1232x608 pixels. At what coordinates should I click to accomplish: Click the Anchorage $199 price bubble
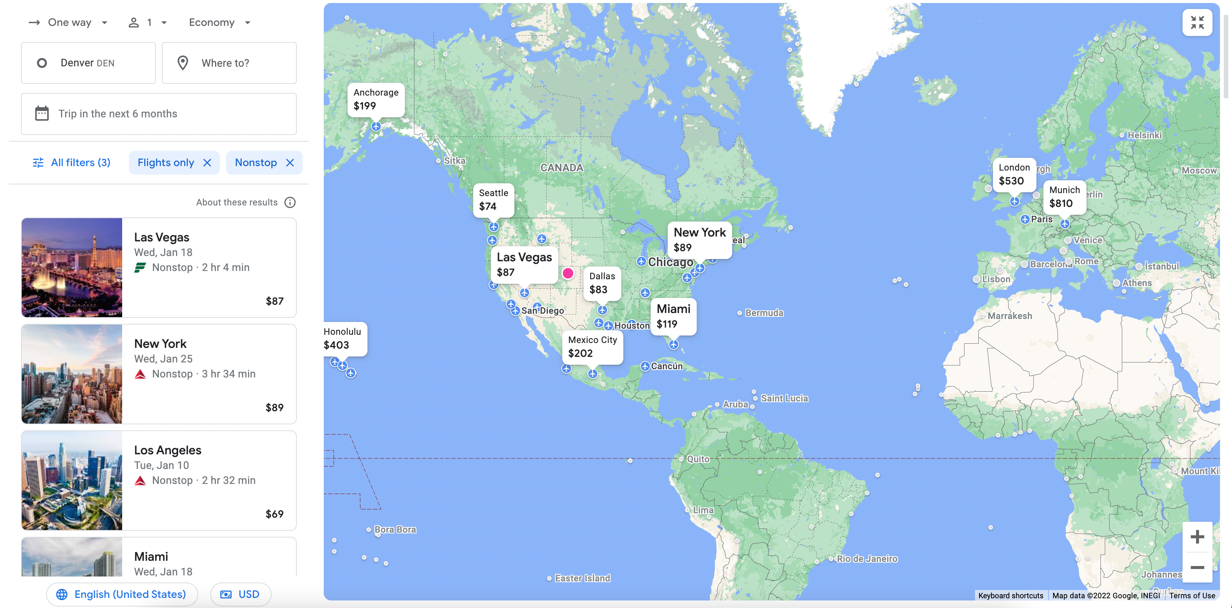[376, 99]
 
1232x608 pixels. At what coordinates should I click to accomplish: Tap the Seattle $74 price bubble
[493, 200]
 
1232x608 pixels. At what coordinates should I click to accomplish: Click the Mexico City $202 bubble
[592, 347]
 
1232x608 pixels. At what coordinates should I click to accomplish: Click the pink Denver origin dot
[568, 273]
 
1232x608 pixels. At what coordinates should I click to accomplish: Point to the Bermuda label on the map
[764, 313]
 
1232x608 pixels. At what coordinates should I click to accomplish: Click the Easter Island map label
[582, 578]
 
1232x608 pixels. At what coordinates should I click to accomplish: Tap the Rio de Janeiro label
[867, 559]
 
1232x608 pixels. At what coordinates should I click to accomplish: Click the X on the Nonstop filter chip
[290, 163]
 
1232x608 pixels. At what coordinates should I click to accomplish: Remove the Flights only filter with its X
[207, 163]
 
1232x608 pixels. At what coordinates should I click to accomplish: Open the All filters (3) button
[71, 163]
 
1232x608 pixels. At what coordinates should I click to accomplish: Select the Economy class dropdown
[220, 22]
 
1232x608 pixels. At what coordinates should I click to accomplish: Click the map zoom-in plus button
[1197, 537]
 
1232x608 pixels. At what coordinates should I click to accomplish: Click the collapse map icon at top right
[1197, 22]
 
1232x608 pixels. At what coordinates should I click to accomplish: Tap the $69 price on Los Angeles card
[275, 514]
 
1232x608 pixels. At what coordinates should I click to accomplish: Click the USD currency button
[240, 594]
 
